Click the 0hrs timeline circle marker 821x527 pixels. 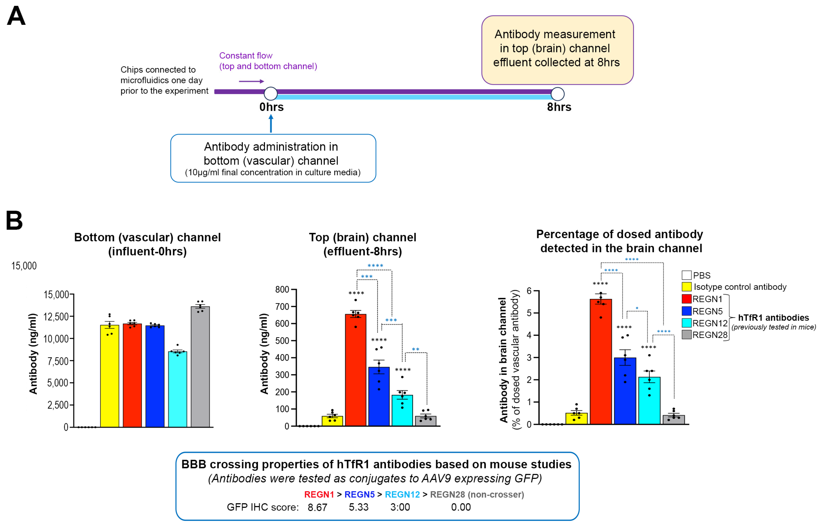tap(271, 93)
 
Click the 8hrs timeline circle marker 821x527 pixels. tap(558, 94)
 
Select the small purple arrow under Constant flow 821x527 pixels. tap(251, 82)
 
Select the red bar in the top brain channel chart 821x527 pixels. tap(355, 370)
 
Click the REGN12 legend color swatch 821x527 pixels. tap(686, 323)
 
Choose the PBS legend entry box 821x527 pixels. tap(686, 275)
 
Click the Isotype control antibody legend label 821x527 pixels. tap(740, 287)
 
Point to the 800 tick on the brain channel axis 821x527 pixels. tap(282, 290)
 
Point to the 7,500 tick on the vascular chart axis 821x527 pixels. tap(56, 361)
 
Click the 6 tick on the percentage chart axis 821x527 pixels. tap(529, 291)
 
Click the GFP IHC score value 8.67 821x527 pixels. tap(317, 507)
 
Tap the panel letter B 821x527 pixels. tap(14, 220)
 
